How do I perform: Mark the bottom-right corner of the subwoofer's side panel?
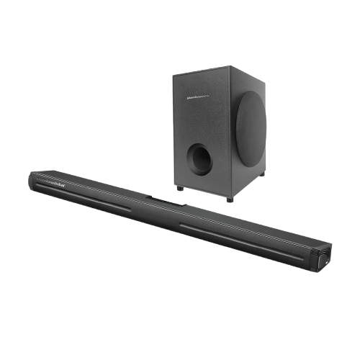pos(265,171)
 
